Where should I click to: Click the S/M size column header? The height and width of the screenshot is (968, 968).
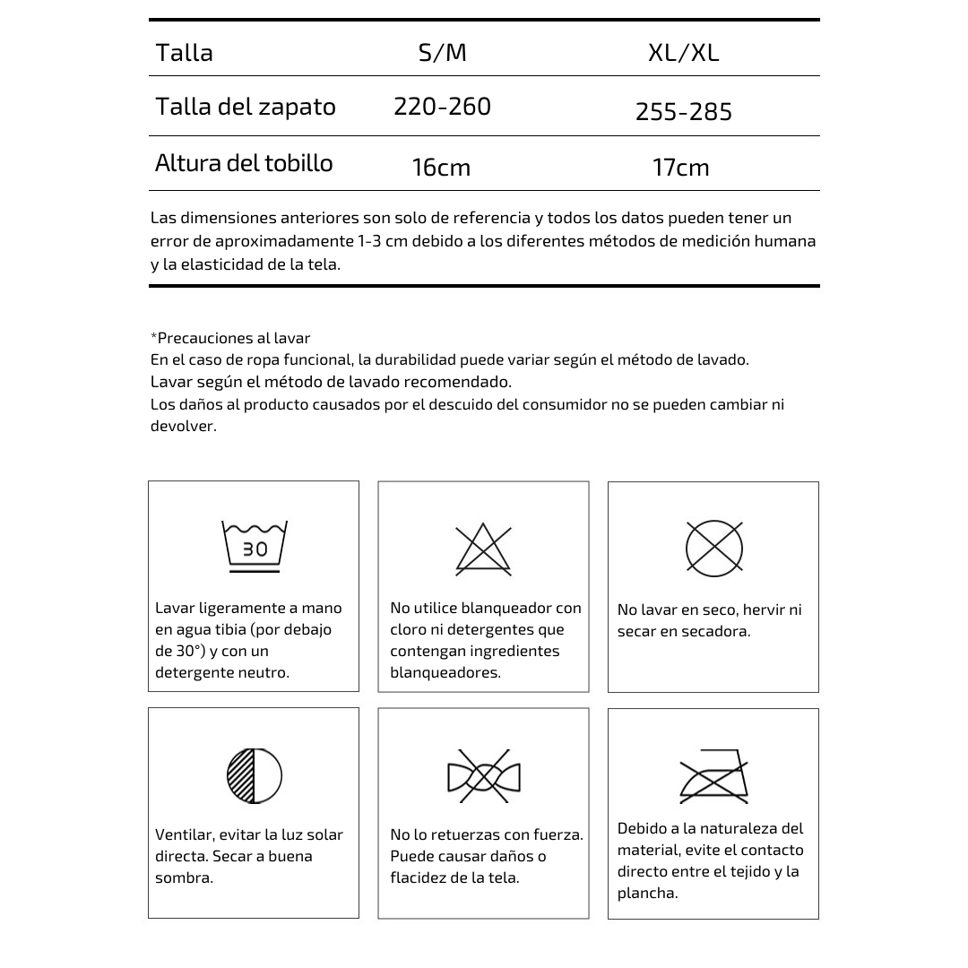click(443, 53)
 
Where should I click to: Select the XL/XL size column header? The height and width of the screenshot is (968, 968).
click(683, 53)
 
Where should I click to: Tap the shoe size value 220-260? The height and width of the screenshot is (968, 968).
click(442, 107)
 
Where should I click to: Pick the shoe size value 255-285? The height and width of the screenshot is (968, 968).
click(684, 112)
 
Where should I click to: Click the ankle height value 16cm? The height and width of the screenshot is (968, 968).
click(441, 168)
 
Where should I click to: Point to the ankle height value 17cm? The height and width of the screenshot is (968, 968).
click(681, 168)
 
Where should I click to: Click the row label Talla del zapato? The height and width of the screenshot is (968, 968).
click(246, 107)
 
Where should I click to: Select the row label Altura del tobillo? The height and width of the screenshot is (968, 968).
click(244, 163)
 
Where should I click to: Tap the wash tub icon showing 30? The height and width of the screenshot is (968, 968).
click(255, 545)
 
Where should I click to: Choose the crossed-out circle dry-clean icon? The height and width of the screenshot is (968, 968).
click(714, 547)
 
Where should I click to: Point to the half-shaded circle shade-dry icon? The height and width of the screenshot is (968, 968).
click(255, 775)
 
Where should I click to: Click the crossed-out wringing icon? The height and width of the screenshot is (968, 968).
click(484, 776)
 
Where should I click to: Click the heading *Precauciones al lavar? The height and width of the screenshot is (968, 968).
click(230, 338)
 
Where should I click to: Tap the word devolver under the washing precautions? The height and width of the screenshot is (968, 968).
click(184, 426)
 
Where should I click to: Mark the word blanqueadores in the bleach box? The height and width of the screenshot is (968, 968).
click(445, 672)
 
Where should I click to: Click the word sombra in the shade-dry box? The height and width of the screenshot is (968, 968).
click(184, 877)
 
